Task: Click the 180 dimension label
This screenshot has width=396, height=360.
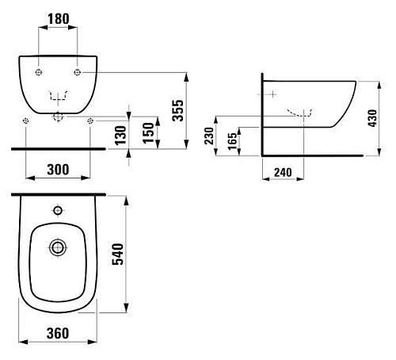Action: pyautogui.click(x=59, y=19)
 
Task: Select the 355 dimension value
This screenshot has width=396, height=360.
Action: pyautogui.click(x=177, y=110)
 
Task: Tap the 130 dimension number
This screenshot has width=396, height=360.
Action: pyautogui.click(x=120, y=136)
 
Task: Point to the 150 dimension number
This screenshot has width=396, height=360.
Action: pyautogui.click(x=148, y=133)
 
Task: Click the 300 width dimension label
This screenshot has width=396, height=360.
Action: pyautogui.click(x=58, y=170)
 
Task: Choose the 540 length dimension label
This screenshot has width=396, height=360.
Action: pyautogui.click(x=118, y=255)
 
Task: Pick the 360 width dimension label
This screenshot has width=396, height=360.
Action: pyautogui.click(x=58, y=333)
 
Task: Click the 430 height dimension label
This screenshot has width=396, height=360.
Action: pyautogui.click(x=372, y=118)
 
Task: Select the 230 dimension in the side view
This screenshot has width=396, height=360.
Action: pyautogui.click(x=209, y=136)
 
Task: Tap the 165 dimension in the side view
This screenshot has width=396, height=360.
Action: pyautogui.click(x=232, y=141)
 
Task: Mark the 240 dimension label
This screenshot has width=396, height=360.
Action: pyautogui.click(x=283, y=172)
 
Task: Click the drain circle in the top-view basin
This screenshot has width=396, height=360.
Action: pyautogui.click(x=58, y=247)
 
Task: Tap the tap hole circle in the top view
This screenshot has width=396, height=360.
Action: pyautogui.click(x=58, y=211)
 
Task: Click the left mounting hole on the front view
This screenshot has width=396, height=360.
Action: pyautogui.click(x=39, y=72)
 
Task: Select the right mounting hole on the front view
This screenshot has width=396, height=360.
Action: pyautogui.click(x=78, y=72)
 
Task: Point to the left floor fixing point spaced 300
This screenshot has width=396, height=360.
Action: pyautogui.click(x=26, y=121)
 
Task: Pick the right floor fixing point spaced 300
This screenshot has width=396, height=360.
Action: pyautogui.click(x=90, y=121)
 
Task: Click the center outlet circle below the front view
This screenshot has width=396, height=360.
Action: pyautogui.click(x=58, y=117)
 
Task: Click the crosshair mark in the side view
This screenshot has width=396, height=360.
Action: pyautogui.click(x=273, y=94)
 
